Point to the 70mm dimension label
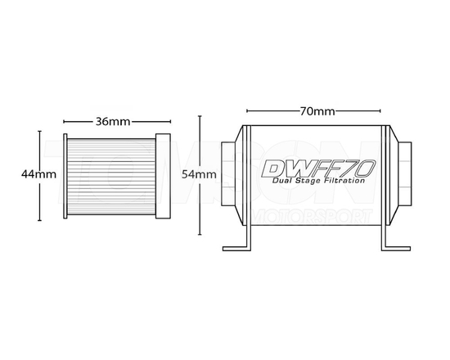coord(317,110)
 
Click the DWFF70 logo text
coord(318,169)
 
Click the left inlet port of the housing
coord(228,173)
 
